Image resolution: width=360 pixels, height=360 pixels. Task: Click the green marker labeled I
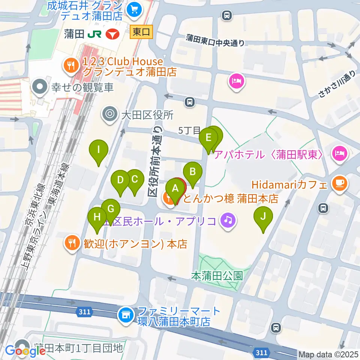pos(98,151)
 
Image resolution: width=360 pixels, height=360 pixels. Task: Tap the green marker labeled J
pos(263,217)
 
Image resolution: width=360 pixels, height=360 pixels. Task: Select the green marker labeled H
pos(97,217)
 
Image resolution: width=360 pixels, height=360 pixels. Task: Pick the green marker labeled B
pos(192,172)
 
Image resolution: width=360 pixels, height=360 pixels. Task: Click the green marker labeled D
pos(120,180)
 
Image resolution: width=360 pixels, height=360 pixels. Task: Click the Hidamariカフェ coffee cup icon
pos(340,183)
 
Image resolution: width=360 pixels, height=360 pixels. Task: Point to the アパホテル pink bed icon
pos(340,153)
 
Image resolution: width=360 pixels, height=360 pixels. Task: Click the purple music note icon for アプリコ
pos(228,220)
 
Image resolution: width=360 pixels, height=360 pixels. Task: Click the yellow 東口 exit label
pos(142,33)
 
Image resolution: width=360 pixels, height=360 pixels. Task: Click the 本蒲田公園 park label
pos(217,276)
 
